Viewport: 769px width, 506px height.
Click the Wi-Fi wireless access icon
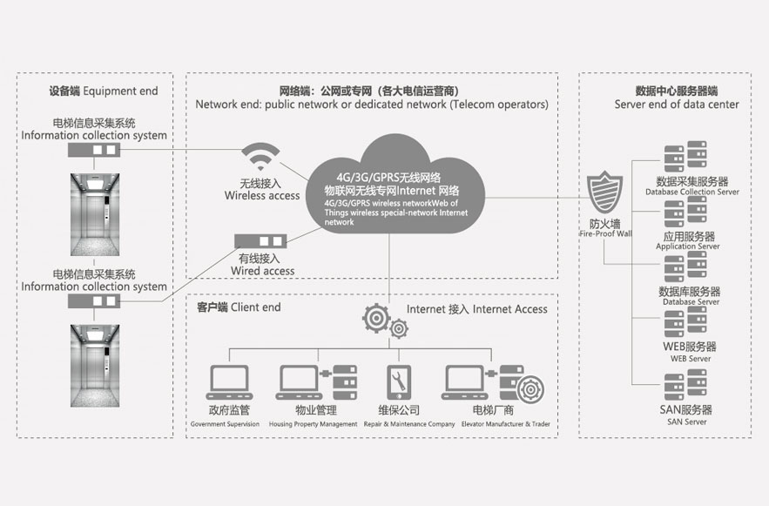point(262,159)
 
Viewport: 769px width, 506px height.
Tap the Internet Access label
point(477,308)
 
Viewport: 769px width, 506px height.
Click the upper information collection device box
point(93,151)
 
